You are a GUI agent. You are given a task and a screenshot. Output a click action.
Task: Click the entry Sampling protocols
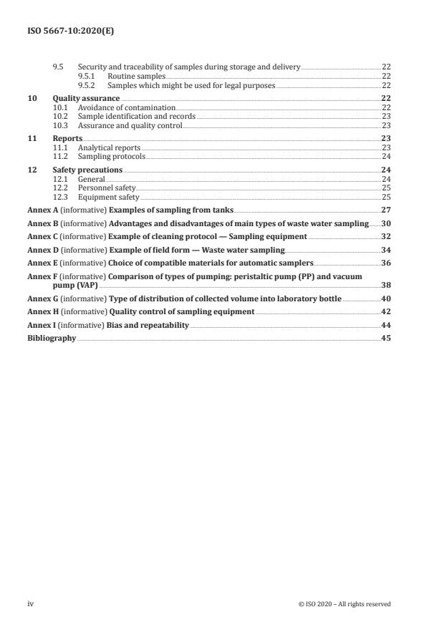tap(111, 156)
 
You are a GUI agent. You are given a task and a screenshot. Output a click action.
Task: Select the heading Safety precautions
tap(87, 170)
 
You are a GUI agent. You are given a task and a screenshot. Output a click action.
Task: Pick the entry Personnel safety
tap(106, 188)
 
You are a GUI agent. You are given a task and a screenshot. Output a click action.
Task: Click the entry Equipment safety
tap(108, 196)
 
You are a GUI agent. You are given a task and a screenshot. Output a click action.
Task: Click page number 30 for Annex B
tap(385, 224)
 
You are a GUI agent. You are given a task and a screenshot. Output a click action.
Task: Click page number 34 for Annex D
tap(385, 250)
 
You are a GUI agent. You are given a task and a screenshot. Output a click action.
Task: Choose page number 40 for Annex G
tap(385, 298)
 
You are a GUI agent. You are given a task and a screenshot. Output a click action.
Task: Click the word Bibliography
tap(52, 338)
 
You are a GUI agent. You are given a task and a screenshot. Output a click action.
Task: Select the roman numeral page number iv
tap(31, 603)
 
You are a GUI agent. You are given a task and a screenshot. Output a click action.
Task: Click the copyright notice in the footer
tap(344, 604)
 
